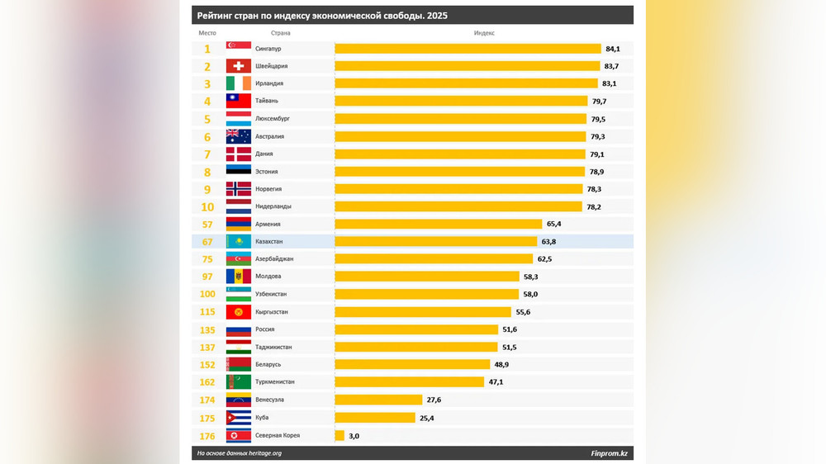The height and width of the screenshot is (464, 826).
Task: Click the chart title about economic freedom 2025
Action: pyautogui.click(x=323, y=16)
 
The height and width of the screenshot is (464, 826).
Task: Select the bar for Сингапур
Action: pyautogui.click(x=468, y=49)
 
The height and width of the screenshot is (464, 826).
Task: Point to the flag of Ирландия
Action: pyautogui.click(x=239, y=83)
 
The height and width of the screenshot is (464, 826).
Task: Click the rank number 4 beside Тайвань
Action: pyautogui.click(x=207, y=102)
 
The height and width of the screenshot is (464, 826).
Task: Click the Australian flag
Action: pyautogui.click(x=239, y=136)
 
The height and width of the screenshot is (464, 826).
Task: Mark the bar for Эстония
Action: pyautogui.click(x=459, y=172)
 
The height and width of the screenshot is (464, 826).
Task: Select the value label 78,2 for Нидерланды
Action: pyautogui.click(x=594, y=206)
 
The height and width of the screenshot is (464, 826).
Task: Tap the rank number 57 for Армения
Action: pyautogui.click(x=207, y=224)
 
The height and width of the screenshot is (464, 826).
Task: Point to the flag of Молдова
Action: pyautogui.click(x=239, y=277)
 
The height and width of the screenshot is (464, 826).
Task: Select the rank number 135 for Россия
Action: pyautogui.click(x=207, y=329)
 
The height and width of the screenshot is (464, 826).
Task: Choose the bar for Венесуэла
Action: pyautogui.click(x=378, y=400)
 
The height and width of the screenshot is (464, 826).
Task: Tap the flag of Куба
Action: pyautogui.click(x=239, y=417)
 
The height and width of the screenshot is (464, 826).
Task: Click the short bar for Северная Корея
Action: pyautogui.click(x=339, y=435)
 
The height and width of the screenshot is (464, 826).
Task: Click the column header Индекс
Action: pyautogui.click(x=484, y=33)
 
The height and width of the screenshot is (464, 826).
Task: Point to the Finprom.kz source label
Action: pyautogui.click(x=609, y=453)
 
